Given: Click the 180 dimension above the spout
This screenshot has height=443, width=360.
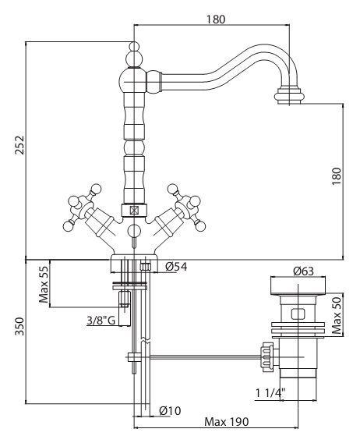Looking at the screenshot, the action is tap(216, 19).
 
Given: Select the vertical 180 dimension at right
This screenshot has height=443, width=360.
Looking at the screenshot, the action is tap(337, 176).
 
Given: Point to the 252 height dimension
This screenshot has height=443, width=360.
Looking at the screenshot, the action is tap(19, 145).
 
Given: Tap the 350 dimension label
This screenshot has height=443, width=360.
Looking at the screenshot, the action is tap(19, 326).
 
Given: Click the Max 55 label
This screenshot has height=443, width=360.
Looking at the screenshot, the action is tap(44, 284).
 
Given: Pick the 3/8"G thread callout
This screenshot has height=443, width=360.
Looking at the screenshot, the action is tap(101, 321).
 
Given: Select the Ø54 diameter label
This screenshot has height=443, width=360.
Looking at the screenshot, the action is tap(176, 267).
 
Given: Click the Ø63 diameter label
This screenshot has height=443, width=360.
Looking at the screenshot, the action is tap(303, 271).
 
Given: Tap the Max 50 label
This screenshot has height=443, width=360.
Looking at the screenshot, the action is tap(337, 316).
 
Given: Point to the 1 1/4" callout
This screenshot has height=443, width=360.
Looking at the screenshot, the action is tap(270, 392).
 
